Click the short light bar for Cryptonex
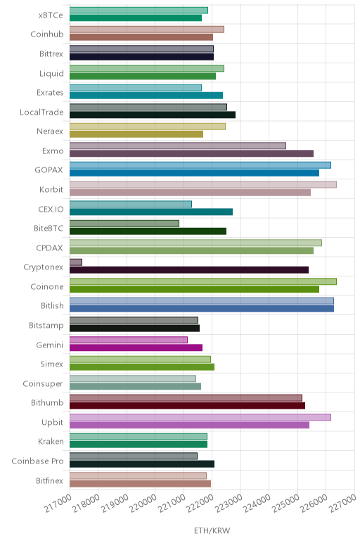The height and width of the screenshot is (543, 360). pos(76,262)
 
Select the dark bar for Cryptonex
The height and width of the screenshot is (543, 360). pos(189,270)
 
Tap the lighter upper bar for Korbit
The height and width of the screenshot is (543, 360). pos(202,184)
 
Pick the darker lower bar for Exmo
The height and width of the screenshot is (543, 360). pos(191,153)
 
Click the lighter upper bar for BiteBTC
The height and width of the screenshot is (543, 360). pos(124,224)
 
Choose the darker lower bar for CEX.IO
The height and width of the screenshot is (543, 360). pos(151,212)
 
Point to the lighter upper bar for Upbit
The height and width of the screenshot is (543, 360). pos(200,417)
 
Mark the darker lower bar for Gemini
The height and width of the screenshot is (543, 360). pos(136,347)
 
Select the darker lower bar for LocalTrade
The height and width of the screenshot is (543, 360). pos(153,115)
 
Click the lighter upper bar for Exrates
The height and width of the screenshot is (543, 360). pos(135,88)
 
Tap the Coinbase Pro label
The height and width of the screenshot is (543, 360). pos(37,461)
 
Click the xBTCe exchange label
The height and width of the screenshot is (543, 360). pos(51,15)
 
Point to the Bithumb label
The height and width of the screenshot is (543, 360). pos(47,403)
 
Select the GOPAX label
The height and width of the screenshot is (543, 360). pos(49,170)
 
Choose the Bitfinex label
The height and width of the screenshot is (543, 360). pos(49,480)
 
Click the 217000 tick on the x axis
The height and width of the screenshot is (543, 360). pos(58,503)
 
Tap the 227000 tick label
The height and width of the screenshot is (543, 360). pos(342,503)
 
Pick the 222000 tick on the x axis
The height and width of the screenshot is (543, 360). pos(200,503)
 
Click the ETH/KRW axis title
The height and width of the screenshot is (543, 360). pos(212,530)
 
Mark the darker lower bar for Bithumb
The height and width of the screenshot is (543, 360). pos(187,406)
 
